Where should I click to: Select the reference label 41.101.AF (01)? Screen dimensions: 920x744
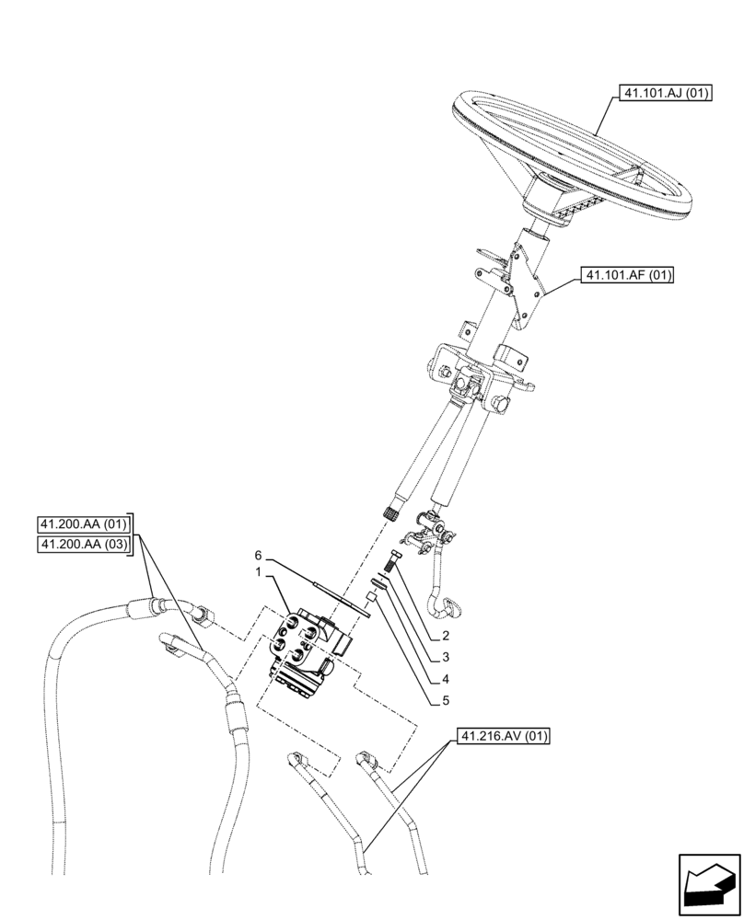pyautogui.click(x=626, y=274)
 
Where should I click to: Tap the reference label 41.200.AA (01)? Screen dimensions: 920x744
pyautogui.click(x=84, y=525)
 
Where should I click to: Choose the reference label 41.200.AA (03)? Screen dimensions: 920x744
pyautogui.click(x=84, y=546)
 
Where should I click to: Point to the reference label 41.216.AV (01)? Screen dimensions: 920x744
pyautogui.click(x=502, y=737)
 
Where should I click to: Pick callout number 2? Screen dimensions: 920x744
pyautogui.click(x=445, y=635)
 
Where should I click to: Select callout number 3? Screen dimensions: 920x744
pyautogui.click(x=445, y=658)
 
